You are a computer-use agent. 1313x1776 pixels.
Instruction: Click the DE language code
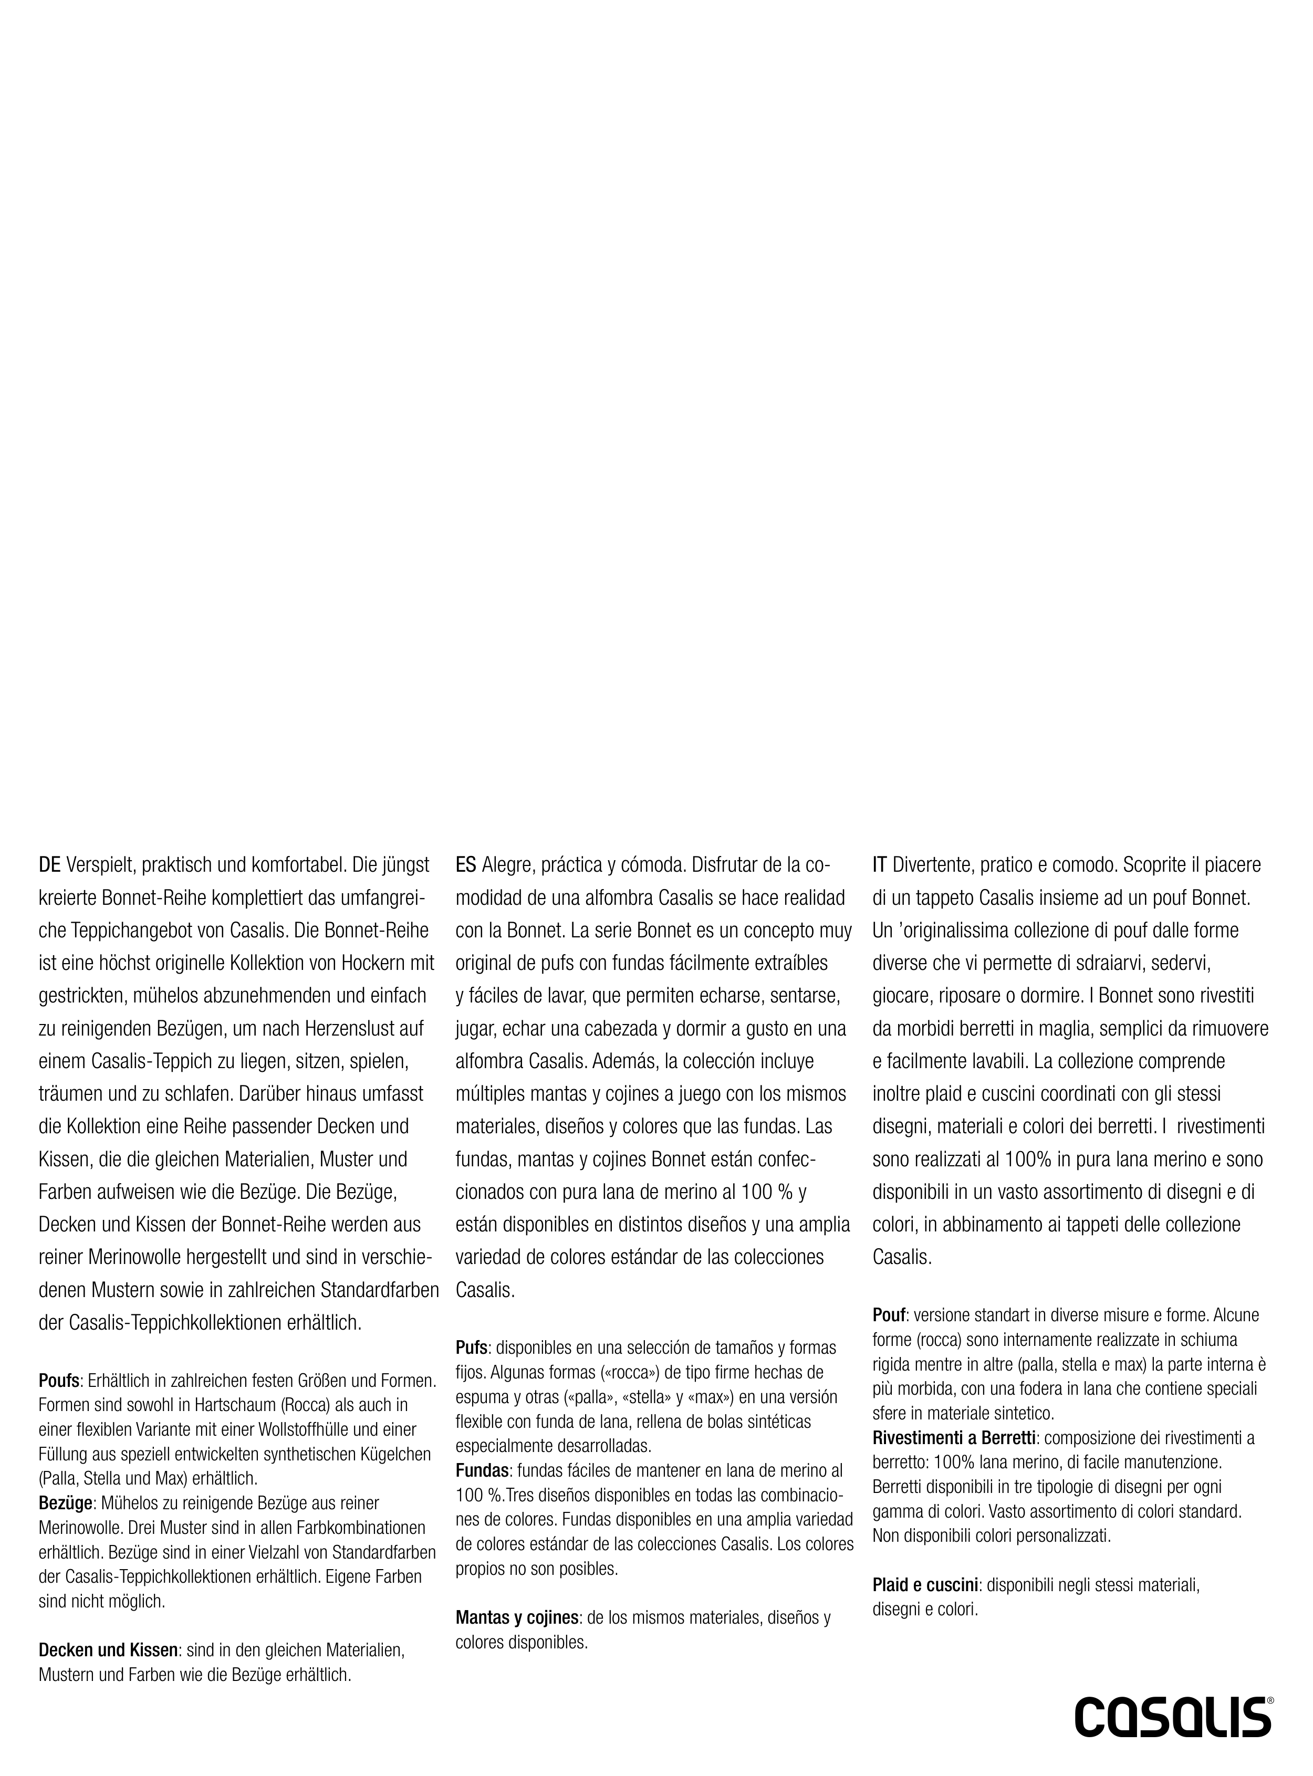click(50, 864)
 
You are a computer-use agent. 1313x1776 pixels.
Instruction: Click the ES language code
click(466, 864)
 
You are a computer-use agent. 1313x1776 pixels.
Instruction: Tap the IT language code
click(880, 864)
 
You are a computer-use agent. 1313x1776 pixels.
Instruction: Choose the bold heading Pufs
click(471, 1347)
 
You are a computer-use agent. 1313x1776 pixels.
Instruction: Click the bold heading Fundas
click(482, 1471)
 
